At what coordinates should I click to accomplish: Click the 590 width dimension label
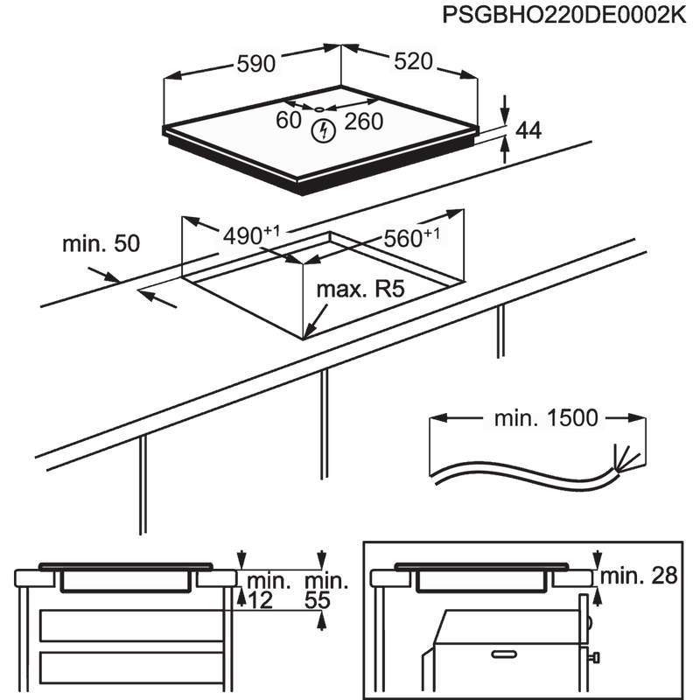pyautogui.click(x=255, y=62)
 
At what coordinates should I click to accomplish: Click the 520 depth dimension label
pyautogui.click(x=414, y=61)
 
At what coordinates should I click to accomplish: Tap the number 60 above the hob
pyautogui.click(x=288, y=121)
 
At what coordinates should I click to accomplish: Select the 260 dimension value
pyautogui.click(x=363, y=121)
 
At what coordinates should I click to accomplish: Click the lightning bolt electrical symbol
pyautogui.click(x=323, y=131)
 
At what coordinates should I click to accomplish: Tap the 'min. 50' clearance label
pyautogui.click(x=101, y=244)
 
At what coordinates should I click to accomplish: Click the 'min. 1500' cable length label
pyautogui.click(x=543, y=420)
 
